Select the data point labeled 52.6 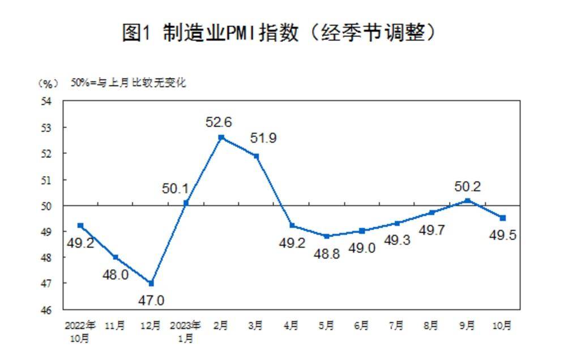[x=221, y=138]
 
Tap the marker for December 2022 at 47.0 [x=151, y=283]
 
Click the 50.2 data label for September [x=467, y=186]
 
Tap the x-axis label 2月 [x=221, y=325]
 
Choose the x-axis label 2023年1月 [x=186, y=332]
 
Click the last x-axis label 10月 [x=502, y=325]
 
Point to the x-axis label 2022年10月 [x=80, y=332]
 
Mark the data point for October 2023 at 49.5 [x=502, y=218]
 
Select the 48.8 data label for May [x=327, y=254]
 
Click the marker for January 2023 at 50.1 [x=186, y=203]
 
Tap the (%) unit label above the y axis [x=48, y=83]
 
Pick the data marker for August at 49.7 [x=432, y=213]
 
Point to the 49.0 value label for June [x=362, y=248]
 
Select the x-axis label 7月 [x=397, y=325]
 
